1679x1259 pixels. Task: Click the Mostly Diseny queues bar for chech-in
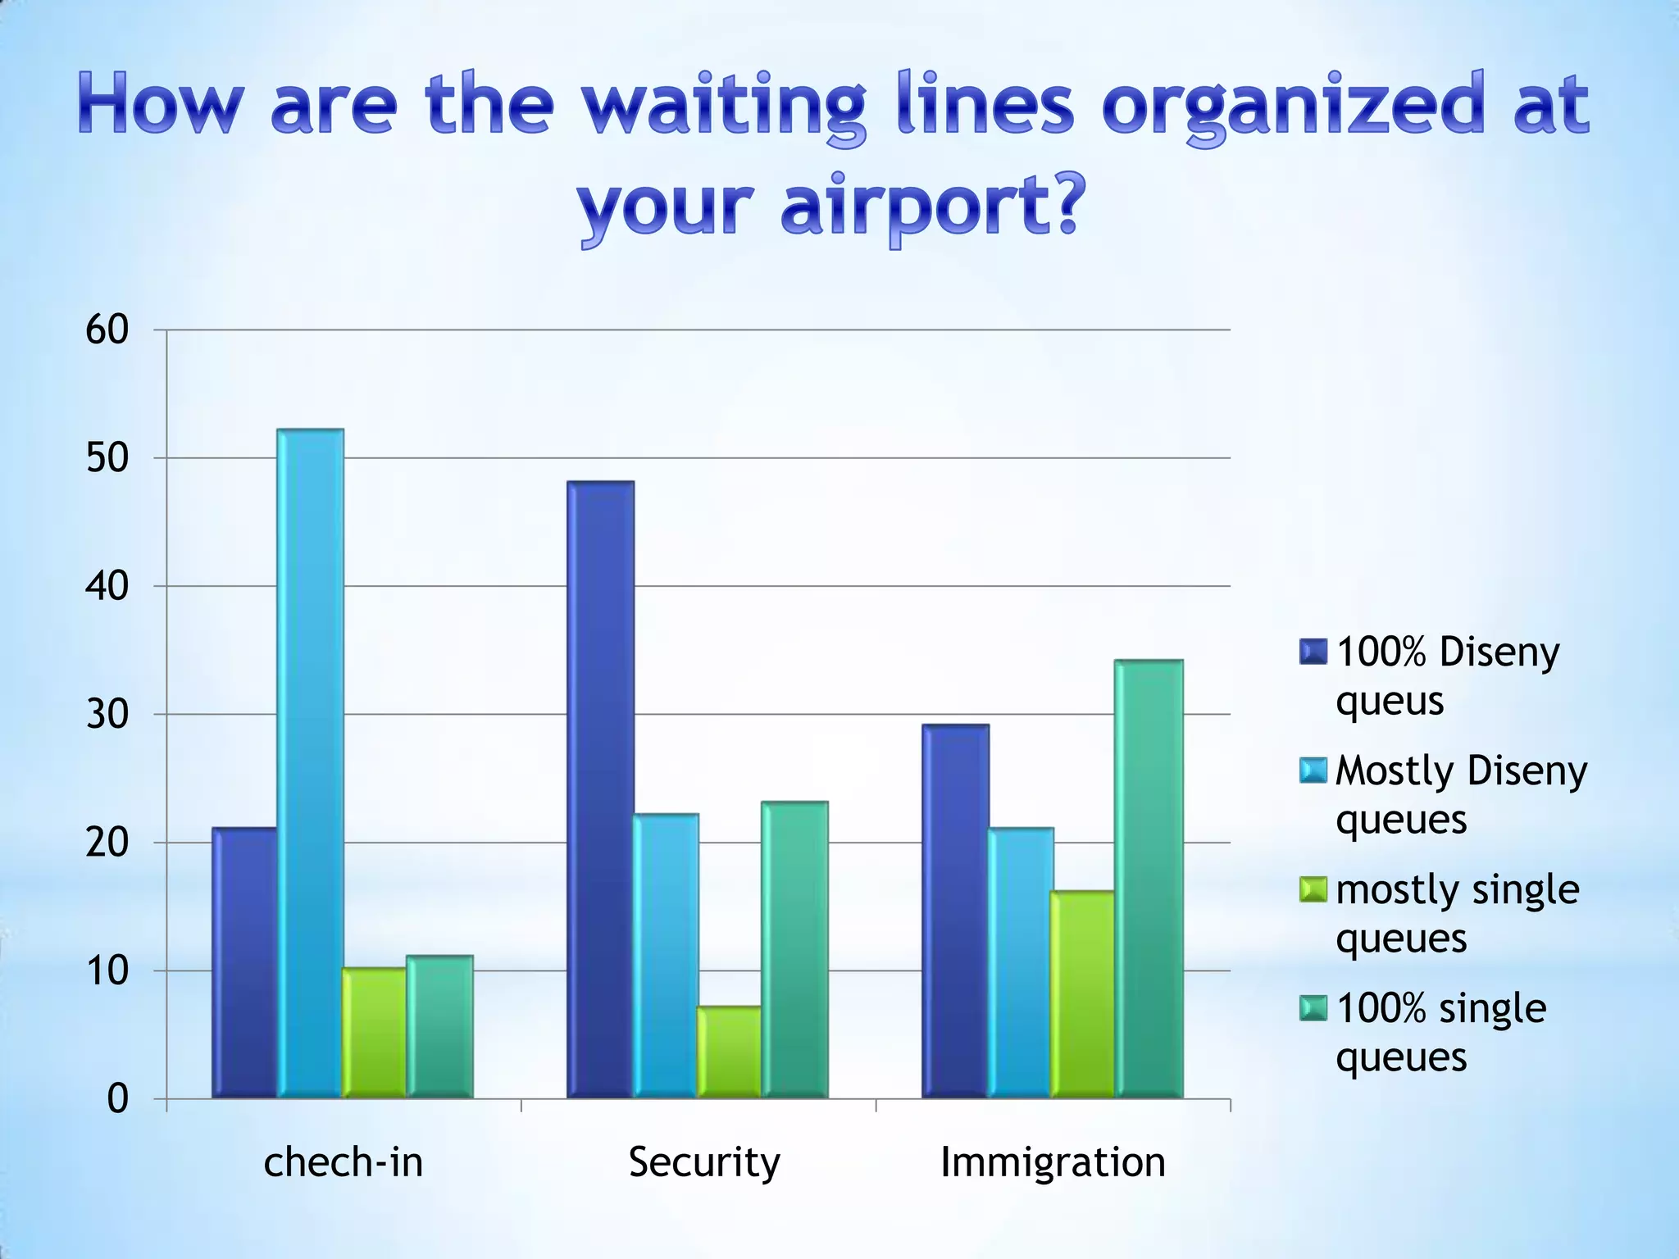[310, 763]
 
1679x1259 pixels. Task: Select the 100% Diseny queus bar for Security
[601, 789]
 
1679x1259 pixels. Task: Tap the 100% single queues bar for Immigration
[1149, 879]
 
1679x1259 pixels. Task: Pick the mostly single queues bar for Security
[730, 1052]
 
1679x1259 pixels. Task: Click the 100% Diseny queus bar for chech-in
[244, 963]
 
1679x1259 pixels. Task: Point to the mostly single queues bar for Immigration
[1083, 994]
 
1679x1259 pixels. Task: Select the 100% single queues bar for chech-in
[439, 1026]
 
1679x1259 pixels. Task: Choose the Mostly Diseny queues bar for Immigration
[1021, 963]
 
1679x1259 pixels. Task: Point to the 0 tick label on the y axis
[118, 1099]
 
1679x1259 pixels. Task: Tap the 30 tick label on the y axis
[107, 715]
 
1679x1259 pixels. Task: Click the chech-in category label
[344, 1162]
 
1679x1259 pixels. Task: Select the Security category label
[704, 1162]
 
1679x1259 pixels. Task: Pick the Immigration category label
[1053, 1162]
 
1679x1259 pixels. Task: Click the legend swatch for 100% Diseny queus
[1313, 652]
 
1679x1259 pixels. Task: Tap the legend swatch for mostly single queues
[1313, 890]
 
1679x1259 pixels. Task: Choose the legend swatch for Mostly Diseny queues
[1313, 771]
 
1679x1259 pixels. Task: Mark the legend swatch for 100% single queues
[1313, 1009]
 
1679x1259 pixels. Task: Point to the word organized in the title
[1294, 107]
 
